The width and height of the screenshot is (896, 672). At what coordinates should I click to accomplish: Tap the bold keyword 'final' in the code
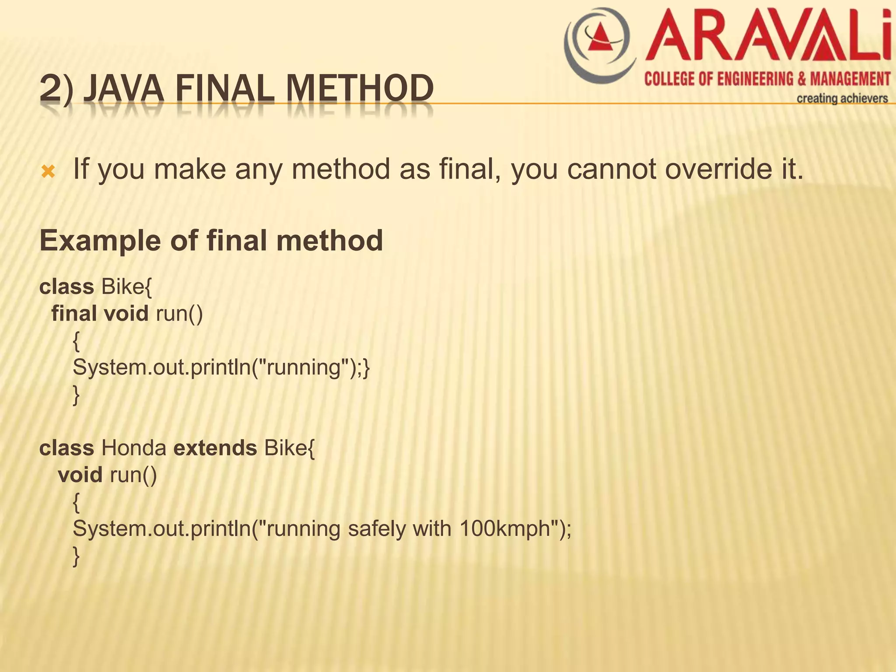pyautogui.click(x=74, y=313)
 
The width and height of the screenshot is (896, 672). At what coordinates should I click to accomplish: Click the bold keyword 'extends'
pyautogui.click(x=215, y=448)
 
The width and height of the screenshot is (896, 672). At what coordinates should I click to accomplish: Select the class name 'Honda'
pyautogui.click(x=134, y=448)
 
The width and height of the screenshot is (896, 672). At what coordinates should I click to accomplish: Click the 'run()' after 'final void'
pyautogui.click(x=179, y=313)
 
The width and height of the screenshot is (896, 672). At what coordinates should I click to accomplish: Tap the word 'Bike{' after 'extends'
pyautogui.click(x=289, y=448)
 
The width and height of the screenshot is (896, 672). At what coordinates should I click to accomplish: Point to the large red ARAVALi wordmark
pyautogui.click(x=768, y=37)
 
